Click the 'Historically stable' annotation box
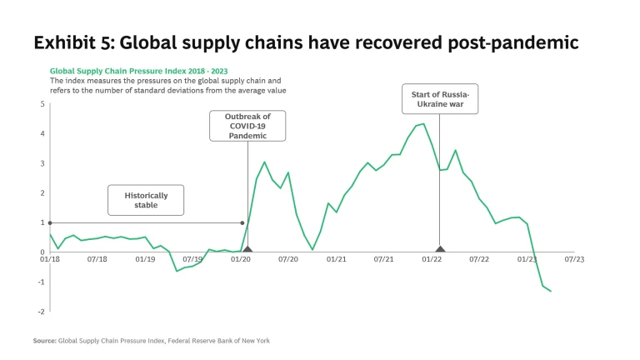[x=146, y=200]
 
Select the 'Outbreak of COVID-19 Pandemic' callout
[x=247, y=125]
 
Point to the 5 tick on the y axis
[x=42, y=104]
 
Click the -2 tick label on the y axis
[x=42, y=312]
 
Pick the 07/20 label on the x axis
[x=288, y=260]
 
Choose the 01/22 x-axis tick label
[x=432, y=260]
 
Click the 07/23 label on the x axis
[x=574, y=260]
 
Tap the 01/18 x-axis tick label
[x=50, y=260]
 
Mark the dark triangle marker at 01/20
[x=247, y=248]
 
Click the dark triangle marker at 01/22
[x=440, y=248]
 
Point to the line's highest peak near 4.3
[x=423, y=124]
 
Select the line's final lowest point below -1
[x=551, y=291]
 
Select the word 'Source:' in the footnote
[x=44, y=341]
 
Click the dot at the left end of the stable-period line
[x=50, y=222]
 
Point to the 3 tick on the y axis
[x=42, y=163]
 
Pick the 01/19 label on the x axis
[x=145, y=260]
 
